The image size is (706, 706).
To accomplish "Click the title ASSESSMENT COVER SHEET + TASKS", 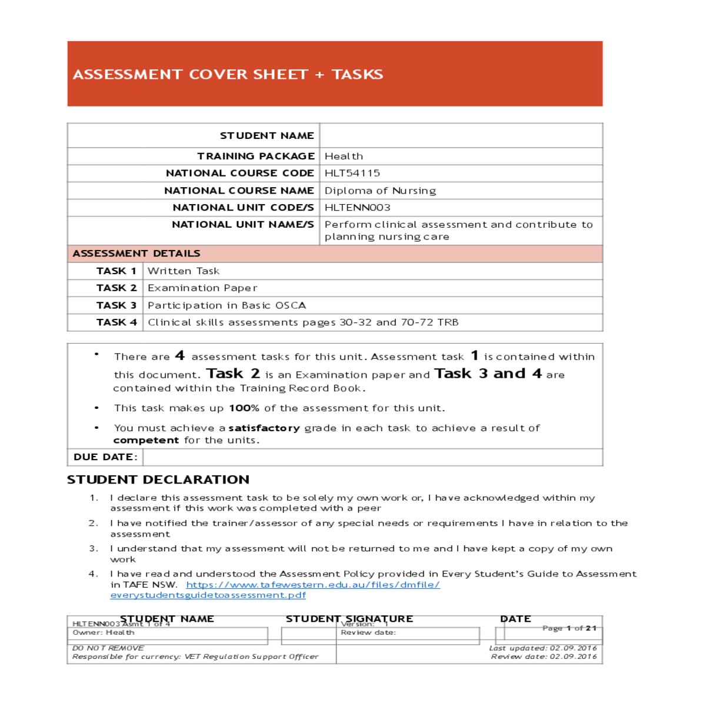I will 228,75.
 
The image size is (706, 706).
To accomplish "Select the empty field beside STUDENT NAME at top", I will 461,136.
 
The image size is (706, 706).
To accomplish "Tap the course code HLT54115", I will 352,173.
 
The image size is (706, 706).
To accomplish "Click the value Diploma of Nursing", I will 380,191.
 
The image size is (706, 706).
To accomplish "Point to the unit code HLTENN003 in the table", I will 357,208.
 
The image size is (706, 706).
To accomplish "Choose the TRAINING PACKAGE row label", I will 255,156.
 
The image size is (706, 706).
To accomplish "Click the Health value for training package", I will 344,156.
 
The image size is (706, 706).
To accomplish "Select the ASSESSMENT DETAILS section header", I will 136,254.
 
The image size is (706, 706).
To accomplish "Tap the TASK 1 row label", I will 116,271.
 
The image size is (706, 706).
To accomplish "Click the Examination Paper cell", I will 202,288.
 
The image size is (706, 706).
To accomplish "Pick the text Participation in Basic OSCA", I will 227,305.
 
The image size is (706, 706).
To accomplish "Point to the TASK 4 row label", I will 116,322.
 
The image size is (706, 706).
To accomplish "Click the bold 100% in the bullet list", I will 244,408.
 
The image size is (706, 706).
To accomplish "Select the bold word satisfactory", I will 264,428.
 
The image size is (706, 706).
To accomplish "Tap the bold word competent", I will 146,441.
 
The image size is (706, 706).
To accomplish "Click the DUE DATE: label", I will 105,457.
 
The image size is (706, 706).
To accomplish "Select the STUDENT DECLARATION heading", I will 158,479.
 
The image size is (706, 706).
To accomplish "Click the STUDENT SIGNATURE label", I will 349,619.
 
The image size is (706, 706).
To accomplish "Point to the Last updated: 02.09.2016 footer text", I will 542,648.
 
